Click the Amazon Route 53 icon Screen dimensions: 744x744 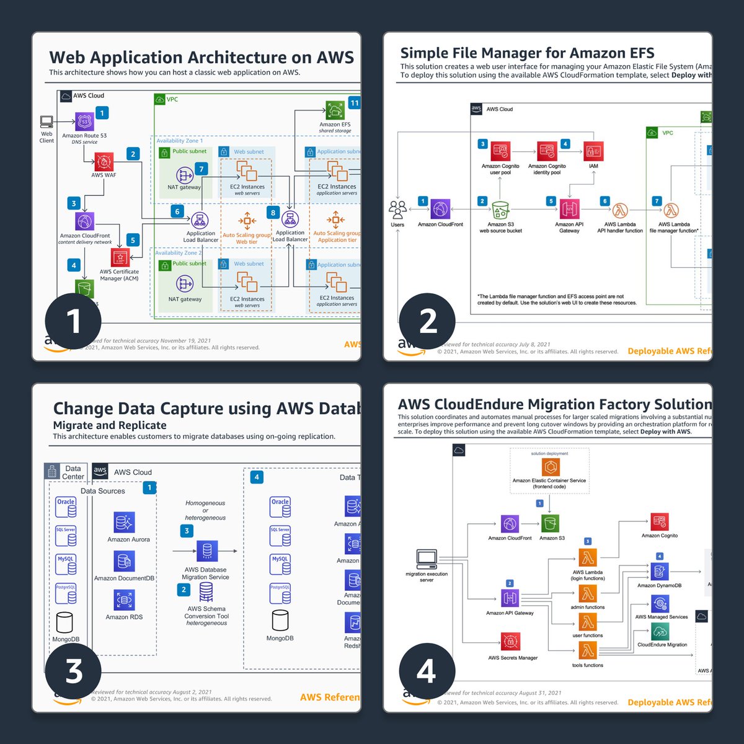click(84, 122)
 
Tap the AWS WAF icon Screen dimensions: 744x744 click(104, 162)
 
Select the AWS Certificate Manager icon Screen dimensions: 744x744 click(120, 257)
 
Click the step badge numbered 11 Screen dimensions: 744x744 click(354, 103)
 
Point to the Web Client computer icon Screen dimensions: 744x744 click(47, 122)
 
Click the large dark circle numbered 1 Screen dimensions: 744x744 click(73, 321)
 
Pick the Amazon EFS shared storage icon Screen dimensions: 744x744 click(335, 110)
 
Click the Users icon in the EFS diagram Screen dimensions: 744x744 click(397, 210)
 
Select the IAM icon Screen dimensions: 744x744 click(593, 151)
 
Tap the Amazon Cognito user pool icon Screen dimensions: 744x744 click(500, 151)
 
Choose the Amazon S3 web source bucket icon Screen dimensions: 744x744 click(500, 210)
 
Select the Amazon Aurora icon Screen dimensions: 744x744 click(124, 523)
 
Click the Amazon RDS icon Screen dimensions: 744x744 click(124, 600)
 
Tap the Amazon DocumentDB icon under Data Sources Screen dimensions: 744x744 click(124, 562)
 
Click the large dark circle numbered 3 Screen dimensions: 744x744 click(73, 671)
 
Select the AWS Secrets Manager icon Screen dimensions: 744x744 click(510, 642)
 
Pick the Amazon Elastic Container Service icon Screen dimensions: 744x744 click(549, 467)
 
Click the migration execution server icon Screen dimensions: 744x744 click(427, 559)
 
